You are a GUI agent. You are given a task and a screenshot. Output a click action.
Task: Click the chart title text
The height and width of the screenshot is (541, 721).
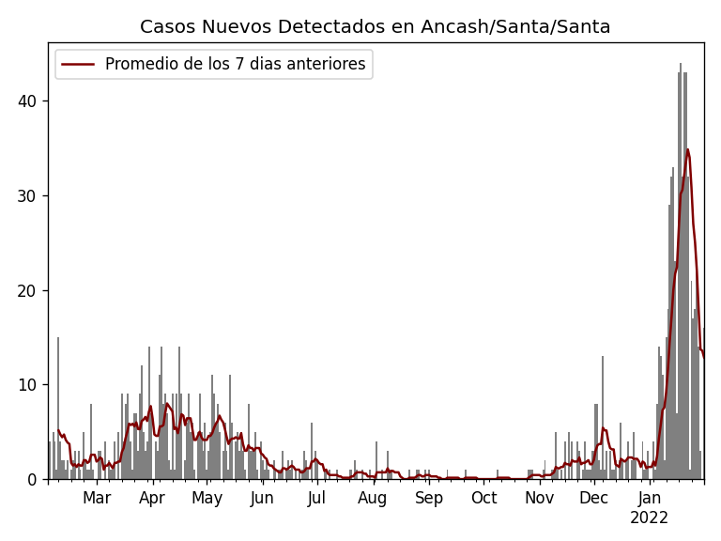(375, 26)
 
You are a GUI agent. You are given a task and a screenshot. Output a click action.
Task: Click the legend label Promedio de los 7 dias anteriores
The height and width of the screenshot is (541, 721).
(235, 64)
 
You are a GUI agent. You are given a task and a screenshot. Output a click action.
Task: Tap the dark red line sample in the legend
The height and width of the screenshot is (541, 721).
(78, 64)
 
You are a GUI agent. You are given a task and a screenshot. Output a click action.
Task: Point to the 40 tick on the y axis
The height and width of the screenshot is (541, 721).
(28, 101)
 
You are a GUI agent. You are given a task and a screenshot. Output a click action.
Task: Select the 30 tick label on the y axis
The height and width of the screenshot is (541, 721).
(28, 195)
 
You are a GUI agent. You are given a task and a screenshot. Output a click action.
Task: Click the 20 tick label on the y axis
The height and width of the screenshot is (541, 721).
(28, 290)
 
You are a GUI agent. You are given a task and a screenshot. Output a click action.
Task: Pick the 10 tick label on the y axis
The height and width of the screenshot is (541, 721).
(28, 385)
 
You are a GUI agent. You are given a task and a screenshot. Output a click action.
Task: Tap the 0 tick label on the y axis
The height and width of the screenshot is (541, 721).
(33, 479)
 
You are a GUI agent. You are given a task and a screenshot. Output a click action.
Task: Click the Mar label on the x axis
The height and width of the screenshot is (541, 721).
(97, 498)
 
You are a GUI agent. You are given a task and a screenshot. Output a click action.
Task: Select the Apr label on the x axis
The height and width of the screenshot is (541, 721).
(152, 498)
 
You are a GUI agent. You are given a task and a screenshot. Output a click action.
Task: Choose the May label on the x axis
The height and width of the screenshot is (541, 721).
(207, 498)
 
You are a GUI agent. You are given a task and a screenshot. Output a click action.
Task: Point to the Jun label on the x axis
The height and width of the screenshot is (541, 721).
(262, 498)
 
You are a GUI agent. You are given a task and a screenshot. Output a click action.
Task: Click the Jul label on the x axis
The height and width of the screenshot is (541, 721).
(316, 498)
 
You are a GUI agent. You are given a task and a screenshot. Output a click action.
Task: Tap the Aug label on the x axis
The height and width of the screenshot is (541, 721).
(373, 498)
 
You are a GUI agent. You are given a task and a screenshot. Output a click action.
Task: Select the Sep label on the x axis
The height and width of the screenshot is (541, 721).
(429, 498)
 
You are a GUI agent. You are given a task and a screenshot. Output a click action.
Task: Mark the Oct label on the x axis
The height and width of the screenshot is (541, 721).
(484, 498)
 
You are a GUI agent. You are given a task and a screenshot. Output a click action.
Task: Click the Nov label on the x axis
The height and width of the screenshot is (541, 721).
(540, 498)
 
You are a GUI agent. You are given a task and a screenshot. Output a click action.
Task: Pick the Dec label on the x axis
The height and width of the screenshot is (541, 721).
(593, 498)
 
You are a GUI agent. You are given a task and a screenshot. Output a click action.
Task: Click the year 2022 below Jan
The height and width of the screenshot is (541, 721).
(649, 518)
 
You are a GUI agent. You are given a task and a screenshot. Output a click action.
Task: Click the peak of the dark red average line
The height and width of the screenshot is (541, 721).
(687, 149)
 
